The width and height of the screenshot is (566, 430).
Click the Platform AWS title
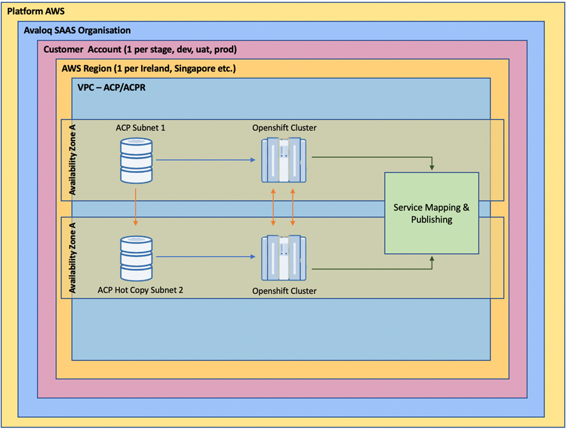(x=36, y=11)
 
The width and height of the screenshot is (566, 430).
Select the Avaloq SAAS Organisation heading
(x=77, y=31)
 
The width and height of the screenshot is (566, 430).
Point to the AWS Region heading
(x=149, y=68)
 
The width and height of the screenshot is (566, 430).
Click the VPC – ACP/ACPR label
(x=112, y=87)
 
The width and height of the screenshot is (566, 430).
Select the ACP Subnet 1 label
(x=140, y=128)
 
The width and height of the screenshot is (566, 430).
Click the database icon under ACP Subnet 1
(x=136, y=160)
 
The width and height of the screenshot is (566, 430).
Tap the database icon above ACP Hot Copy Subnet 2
(x=136, y=258)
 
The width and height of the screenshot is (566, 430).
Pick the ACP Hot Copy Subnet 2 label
(x=140, y=290)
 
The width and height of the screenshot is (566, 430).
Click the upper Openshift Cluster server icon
(x=284, y=160)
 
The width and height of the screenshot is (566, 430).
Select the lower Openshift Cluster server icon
(x=284, y=258)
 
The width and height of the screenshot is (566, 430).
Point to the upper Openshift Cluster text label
(x=285, y=128)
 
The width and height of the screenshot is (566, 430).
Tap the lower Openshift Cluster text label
(x=285, y=291)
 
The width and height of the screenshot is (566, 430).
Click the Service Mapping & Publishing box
(x=432, y=213)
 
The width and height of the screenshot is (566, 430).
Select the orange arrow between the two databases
(x=135, y=207)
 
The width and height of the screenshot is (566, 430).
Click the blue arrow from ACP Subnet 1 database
(x=206, y=160)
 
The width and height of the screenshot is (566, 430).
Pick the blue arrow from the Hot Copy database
(x=206, y=256)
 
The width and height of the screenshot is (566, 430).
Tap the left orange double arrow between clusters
(x=273, y=207)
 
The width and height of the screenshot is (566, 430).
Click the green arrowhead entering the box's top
(x=432, y=168)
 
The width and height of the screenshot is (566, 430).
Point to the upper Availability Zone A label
(x=73, y=160)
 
